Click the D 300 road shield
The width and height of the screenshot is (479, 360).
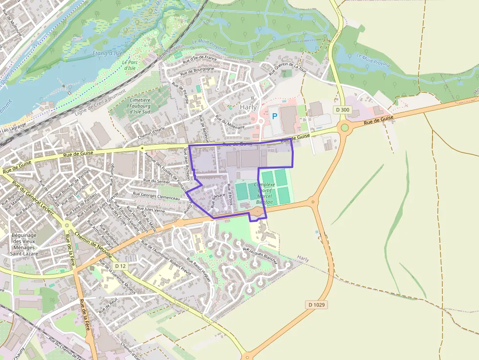point(343,110)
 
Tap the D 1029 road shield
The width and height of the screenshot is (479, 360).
point(316,304)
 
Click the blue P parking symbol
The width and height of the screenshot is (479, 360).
point(275,116)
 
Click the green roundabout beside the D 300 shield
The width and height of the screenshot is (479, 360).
point(345,128)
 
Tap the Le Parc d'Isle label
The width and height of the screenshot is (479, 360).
point(130,65)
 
